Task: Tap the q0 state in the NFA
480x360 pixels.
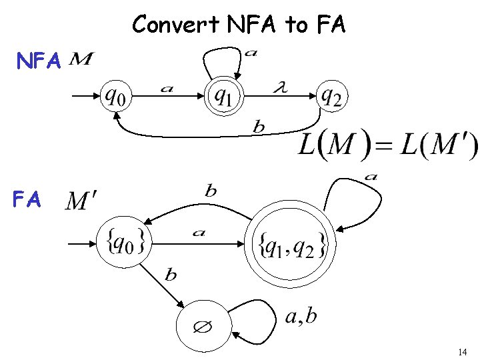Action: (x=117, y=97)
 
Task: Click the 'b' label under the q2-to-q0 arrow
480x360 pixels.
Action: (x=258, y=127)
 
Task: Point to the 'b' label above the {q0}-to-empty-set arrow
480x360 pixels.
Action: (x=171, y=275)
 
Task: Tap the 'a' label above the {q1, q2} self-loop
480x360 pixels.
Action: (x=371, y=177)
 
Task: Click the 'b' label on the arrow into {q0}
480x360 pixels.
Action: (x=211, y=191)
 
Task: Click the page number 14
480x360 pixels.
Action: (x=463, y=351)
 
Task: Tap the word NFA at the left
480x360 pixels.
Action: (x=39, y=62)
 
